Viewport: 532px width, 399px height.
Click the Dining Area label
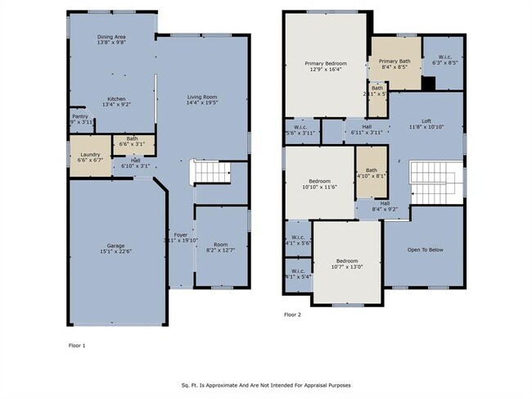pyautogui.click(x=112, y=36)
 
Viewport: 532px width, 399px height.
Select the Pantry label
pyautogui.click(x=80, y=116)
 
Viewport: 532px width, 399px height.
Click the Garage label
pyautogui.click(x=116, y=245)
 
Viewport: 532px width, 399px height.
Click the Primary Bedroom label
pyautogui.click(x=326, y=63)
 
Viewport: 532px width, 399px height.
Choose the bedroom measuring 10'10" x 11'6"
pyautogui.click(x=319, y=184)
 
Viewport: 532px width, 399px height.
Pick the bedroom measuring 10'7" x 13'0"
pyautogui.click(x=348, y=262)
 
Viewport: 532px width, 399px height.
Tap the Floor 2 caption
pyautogui.click(x=293, y=315)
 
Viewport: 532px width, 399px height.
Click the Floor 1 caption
pyautogui.click(x=75, y=346)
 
